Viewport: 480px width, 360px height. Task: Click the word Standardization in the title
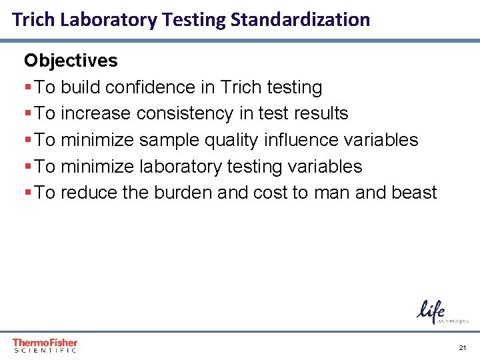point(300,19)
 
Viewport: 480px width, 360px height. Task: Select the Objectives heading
point(71,61)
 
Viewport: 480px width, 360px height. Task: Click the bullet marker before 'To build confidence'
point(27,88)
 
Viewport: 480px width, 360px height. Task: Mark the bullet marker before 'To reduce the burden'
point(27,193)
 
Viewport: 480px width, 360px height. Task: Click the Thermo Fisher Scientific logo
point(45,345)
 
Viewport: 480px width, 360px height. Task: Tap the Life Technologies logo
point(442,312)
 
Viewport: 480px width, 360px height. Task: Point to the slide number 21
point(463,348)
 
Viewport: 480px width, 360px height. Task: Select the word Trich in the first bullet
point(241,87)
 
